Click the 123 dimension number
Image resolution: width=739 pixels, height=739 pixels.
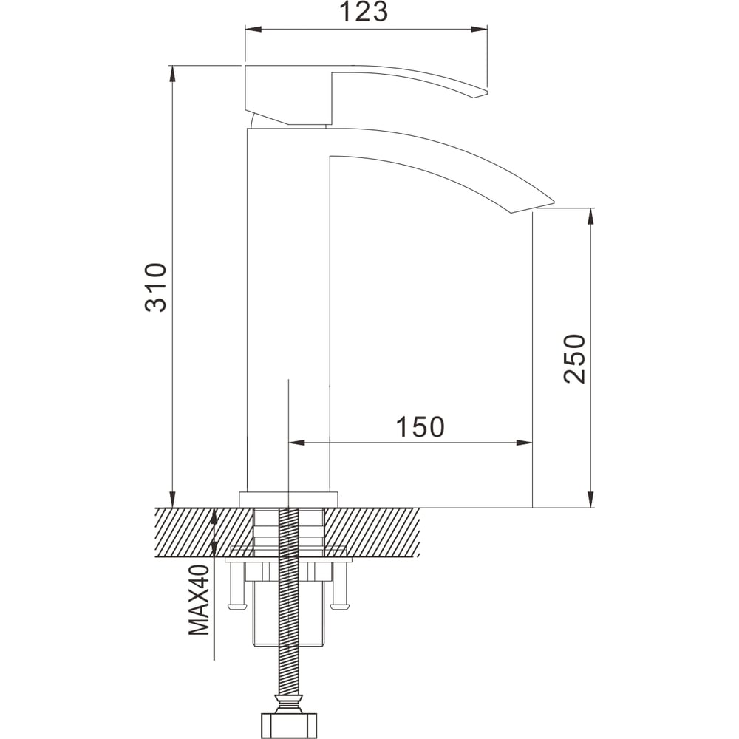click(x=364, y=12)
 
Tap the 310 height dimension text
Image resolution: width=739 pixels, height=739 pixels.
click(x=155, y=287)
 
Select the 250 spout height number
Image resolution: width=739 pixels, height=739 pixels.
click(x=574, y=358)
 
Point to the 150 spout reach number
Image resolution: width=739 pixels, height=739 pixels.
click(x=420, y=426)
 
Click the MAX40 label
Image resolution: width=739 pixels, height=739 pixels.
click(x=199, y=600)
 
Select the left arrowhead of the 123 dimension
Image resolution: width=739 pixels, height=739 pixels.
click(x=253, y=30)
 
